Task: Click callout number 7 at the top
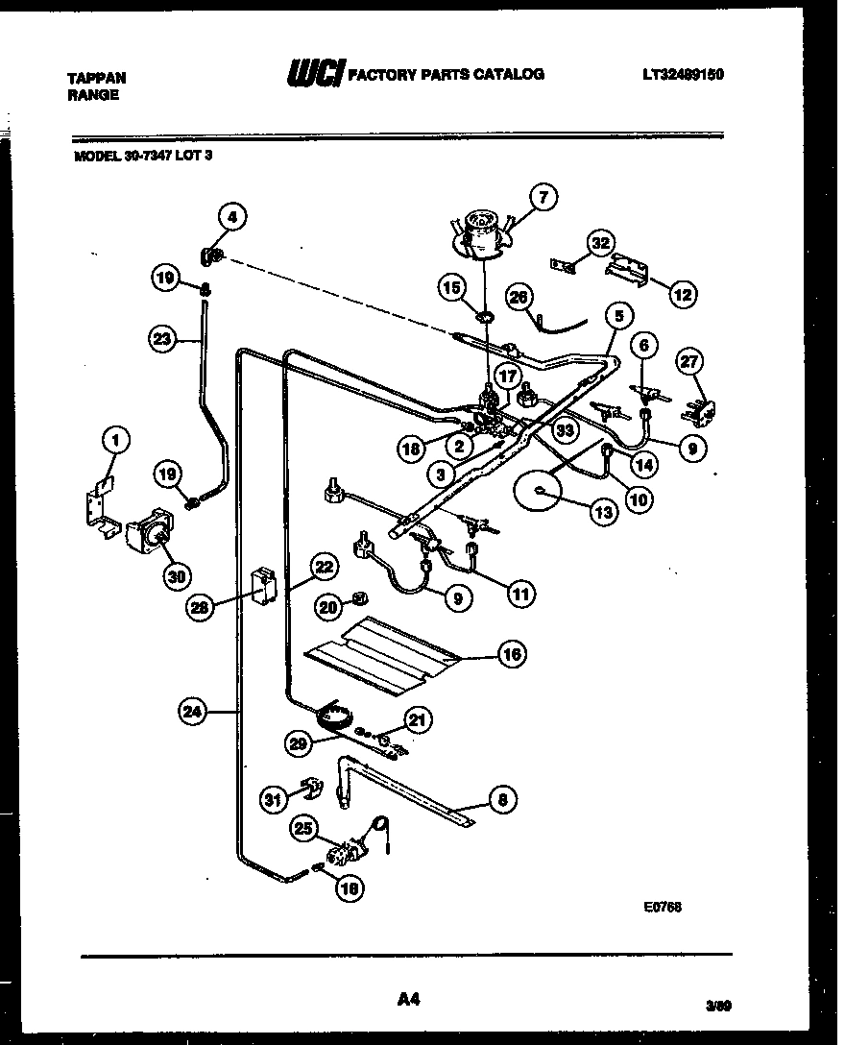coord(543,199)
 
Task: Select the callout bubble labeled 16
coord(512,654)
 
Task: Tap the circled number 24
coord(193,712)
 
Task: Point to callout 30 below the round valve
coord(177,575)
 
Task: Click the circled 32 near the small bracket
coord(602,244)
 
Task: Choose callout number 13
coord(603,513)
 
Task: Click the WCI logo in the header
coord(314,74)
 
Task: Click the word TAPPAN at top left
coord(97,78)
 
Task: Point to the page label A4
coord(408,1001)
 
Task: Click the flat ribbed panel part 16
coord(384,654)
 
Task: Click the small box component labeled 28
coord(262,586)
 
